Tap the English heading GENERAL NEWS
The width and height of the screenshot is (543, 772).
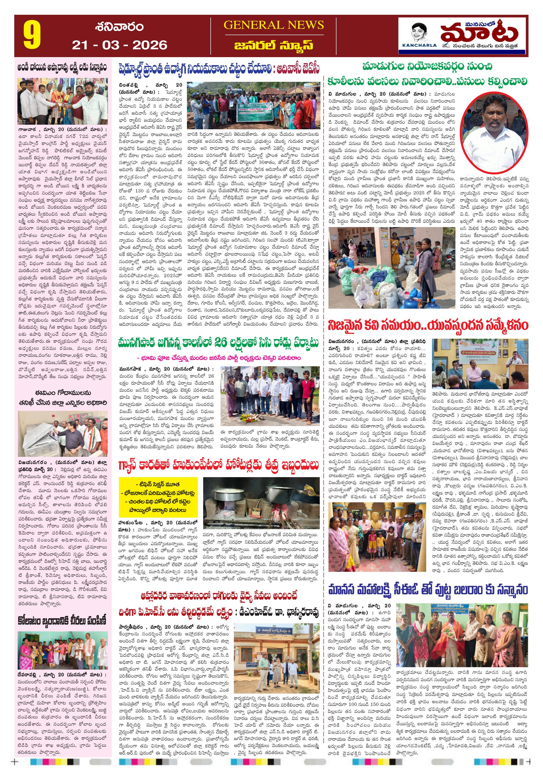pyautogui.click(x=274, y=25)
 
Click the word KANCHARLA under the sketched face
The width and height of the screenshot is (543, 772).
pyautogui.click(x=419, y=45)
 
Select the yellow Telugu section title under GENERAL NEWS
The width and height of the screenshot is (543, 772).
pyautogui.click(x=274, y=45)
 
